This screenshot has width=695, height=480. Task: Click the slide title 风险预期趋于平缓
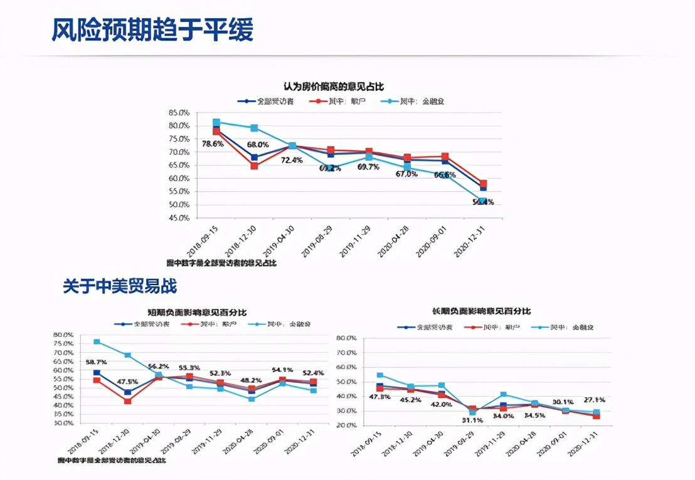click(x=152, y=29)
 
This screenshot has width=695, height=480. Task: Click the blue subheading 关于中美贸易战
click(x=119, y=286)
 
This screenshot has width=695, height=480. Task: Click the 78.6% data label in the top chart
click(x=213, y=143)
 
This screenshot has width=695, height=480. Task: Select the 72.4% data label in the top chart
click(x=292, y=160)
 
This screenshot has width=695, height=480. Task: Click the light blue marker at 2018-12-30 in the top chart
click(x=254, y=128)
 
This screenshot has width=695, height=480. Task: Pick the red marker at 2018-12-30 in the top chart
click(x=254, y=166)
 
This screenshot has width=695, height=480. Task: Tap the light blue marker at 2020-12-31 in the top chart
click(x=482, y=201)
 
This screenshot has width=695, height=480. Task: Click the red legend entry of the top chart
click(x=339, y=101)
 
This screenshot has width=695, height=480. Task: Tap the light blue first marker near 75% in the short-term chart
click(x=97, y=342)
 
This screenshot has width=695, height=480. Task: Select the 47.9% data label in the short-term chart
click(x=127, y=382)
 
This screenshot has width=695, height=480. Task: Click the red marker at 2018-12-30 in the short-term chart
click(x=127, y=401)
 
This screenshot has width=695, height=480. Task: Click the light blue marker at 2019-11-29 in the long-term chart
click(x=503, y=395)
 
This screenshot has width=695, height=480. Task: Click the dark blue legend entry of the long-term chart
click(x=426, y=327)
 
